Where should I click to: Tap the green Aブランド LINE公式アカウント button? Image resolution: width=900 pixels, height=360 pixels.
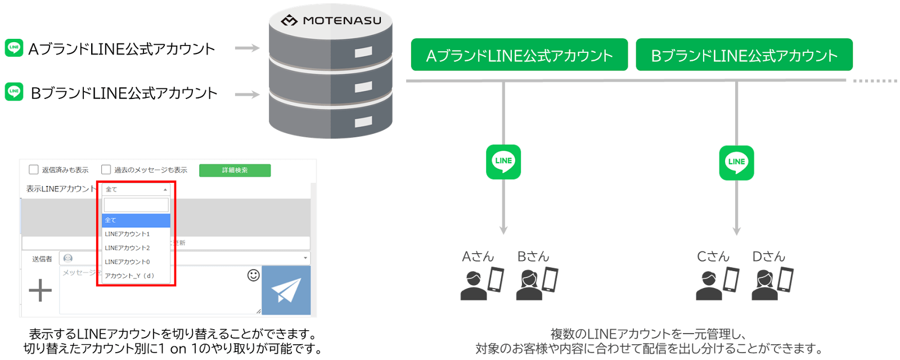519,55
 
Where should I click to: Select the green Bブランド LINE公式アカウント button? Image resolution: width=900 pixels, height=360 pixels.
744,55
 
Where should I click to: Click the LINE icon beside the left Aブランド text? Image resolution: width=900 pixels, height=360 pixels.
14,48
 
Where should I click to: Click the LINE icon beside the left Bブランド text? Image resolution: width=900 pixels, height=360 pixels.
14,91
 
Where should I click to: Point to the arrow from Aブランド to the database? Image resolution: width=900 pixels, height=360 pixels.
247,48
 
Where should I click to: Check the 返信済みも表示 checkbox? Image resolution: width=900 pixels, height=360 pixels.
34,170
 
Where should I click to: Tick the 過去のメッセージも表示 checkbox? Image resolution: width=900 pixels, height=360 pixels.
106,170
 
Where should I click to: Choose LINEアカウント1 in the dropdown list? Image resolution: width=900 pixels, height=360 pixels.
128,234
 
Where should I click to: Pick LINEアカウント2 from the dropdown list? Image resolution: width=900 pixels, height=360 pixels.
128,248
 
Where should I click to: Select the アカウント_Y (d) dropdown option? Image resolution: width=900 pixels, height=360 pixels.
129,276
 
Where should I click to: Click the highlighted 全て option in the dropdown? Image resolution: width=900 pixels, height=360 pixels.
136,220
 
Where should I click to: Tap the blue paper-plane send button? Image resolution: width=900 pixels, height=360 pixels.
286,290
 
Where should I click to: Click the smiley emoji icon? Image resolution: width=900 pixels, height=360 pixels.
254,275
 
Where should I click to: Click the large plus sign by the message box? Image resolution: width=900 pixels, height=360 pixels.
40,290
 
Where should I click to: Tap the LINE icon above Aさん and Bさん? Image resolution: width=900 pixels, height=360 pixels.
503,162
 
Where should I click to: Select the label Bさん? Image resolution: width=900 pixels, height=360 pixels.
533,257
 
